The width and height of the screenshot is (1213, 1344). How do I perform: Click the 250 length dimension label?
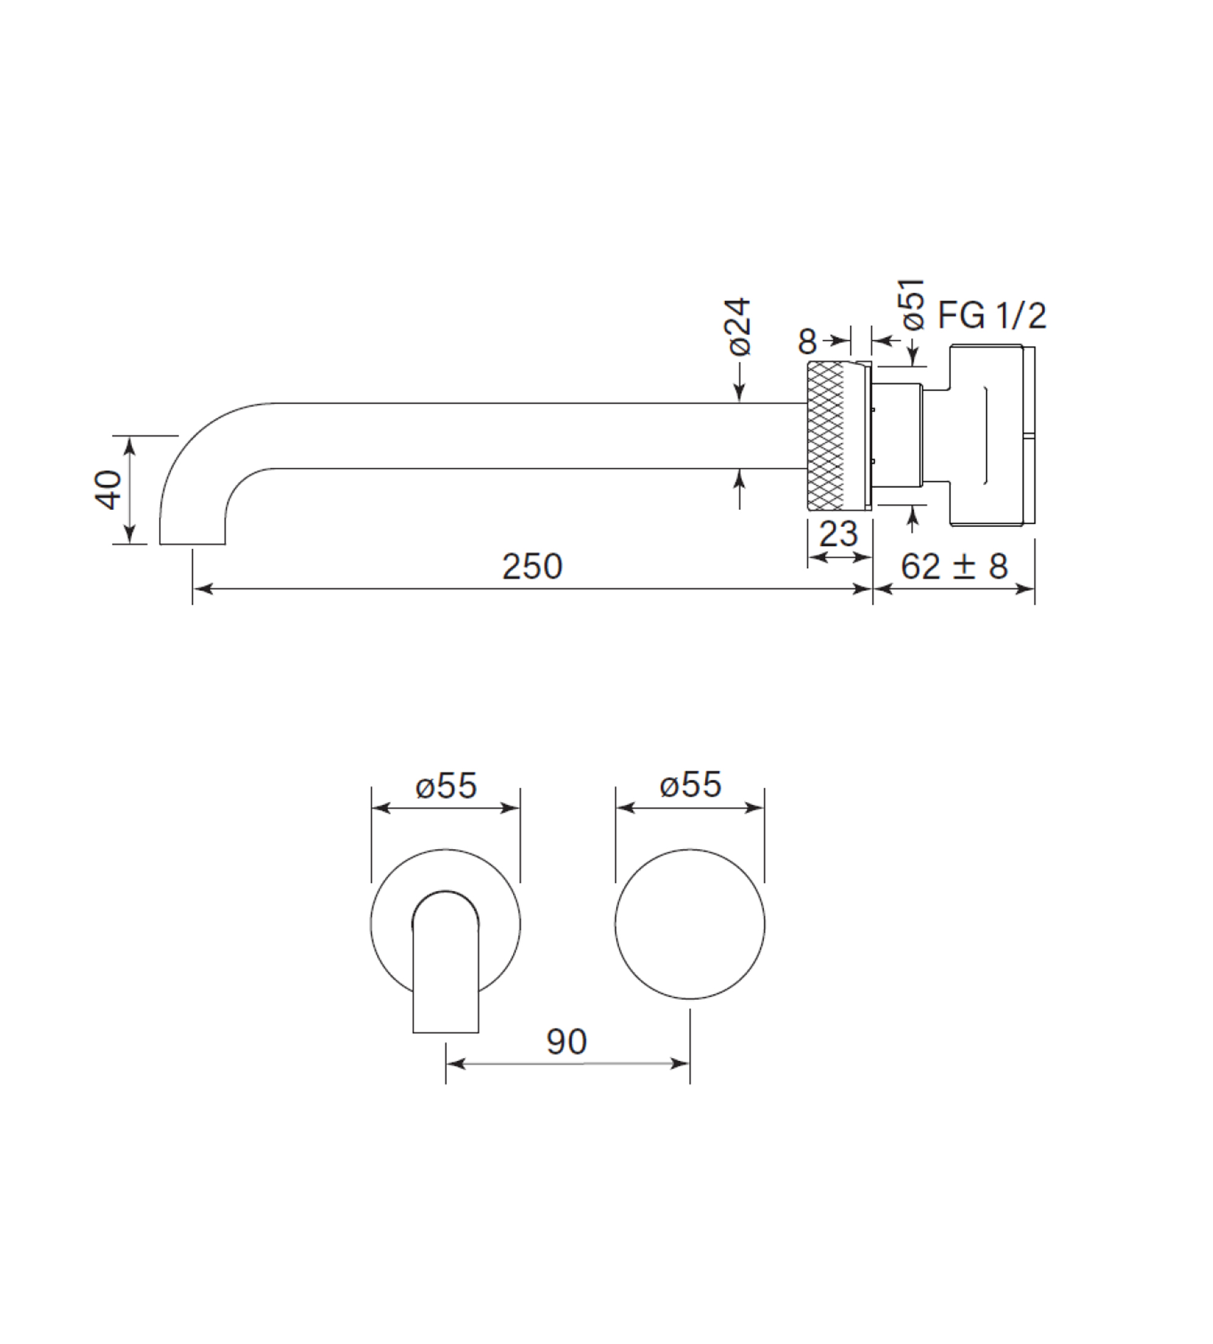[532, 566]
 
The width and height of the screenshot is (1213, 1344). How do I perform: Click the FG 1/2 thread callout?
[992, 316]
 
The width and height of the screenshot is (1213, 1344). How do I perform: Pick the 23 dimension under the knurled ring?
[838, 534]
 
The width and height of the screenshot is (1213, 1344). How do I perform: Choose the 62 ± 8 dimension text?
[954, 566]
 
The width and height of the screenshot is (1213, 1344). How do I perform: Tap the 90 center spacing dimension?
[567, 1041]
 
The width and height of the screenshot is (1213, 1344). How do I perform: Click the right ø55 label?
[690, 785]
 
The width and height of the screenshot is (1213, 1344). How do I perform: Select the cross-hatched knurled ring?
[827, 435]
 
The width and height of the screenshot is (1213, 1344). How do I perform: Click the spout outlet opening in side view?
[192, 544]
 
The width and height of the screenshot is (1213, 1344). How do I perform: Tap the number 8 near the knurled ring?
[807, 342]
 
